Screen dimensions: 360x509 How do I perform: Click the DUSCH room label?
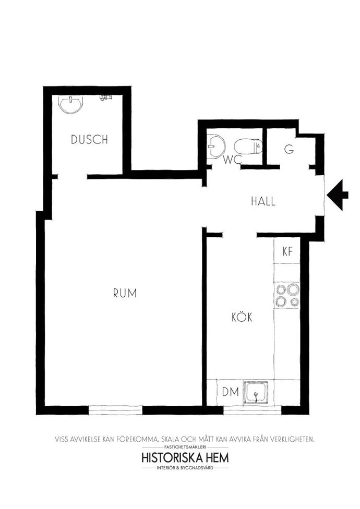pos(89,139)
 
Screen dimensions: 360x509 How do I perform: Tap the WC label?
pos(233,160)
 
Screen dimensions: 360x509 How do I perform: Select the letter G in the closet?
pos(289,149)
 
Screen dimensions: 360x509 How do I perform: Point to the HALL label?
pos(263,201)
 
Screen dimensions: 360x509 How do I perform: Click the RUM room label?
pos(125,293)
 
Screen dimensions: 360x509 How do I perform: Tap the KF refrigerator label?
pos(287,251)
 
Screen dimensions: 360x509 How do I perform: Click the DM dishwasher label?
pos(231,392)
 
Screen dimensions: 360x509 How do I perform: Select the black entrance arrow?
pos(338,195)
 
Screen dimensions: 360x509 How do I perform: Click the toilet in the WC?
pos(248,147)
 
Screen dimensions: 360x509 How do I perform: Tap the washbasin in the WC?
pos(217,146)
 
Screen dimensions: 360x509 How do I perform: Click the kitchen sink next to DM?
pos(256,392)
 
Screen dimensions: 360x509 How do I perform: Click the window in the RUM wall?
pos(115,410)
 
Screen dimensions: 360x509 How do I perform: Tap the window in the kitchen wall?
pos(252,410)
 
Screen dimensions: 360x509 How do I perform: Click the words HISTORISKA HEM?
pos(185,458)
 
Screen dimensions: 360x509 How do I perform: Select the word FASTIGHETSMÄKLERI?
pos(185,447)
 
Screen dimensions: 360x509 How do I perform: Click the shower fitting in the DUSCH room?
pos(105,98)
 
